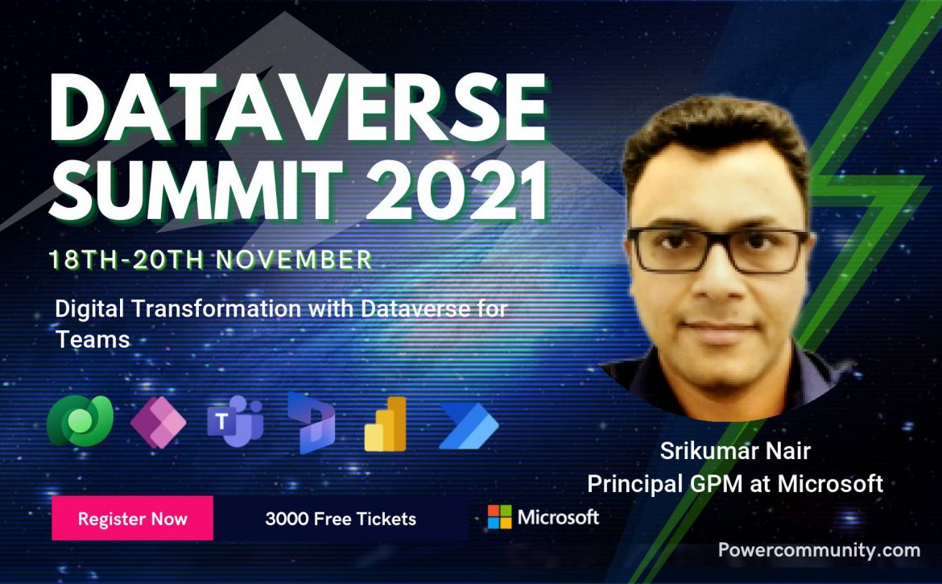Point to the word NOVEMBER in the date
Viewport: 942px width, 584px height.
[x=295, y=259]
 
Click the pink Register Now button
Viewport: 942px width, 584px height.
[x=132, y=518]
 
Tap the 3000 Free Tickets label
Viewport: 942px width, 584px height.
[x=341, y=519]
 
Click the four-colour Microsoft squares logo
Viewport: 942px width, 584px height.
[x=499, y=516]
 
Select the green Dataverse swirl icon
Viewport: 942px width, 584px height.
[x=80, y=420]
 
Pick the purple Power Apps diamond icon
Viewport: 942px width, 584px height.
[x=158, y=422]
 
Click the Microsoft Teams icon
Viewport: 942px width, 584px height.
[x=235, y=421]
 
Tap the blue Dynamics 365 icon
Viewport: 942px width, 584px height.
[x=311, y=422]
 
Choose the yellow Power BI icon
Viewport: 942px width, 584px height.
[x=385, y=424]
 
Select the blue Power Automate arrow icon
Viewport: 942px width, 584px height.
[x=469, y=426]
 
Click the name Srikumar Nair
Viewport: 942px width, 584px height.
[x=735, y=450]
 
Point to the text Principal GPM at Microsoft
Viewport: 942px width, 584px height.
[x=735, y=483]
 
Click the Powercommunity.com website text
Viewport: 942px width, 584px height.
[x=819, y=549]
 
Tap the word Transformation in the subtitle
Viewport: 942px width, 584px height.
[x=217, y=309]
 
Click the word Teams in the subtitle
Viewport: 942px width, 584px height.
[x=93, y=339]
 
